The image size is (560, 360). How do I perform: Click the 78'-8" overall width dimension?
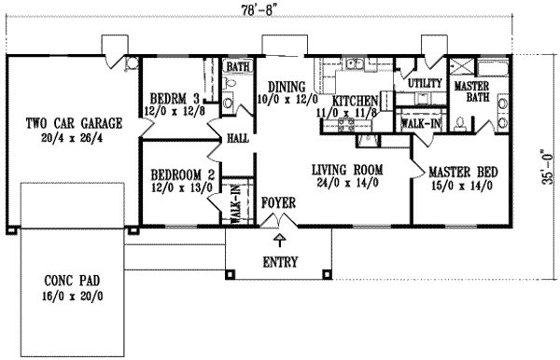pos(259,10)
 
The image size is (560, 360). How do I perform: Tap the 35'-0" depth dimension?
pos(549,167)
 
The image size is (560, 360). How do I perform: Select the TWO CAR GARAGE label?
pos(74,123)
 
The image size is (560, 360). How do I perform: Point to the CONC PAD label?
pos(72,281)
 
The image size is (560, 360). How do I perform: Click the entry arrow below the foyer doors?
pos(279,241)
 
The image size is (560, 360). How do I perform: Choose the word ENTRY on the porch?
pos(280,262)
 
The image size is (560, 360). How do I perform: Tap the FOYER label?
pos(278,203)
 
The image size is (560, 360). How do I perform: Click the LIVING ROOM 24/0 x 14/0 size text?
pos(347,183)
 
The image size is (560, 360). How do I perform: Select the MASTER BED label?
pos(463,173)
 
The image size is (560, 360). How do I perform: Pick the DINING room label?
pos(287,87)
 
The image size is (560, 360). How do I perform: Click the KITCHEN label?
pos(355,101)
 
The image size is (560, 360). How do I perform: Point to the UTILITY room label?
pos(425,83)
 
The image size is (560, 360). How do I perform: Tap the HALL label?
pos(238,138)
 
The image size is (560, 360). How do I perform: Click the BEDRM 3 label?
pos(175,99)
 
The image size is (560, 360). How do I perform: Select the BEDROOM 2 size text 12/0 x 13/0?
pos(182,187)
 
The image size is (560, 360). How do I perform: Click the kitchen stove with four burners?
pos(345,126)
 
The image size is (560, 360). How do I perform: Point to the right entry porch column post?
pos(327,274)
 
